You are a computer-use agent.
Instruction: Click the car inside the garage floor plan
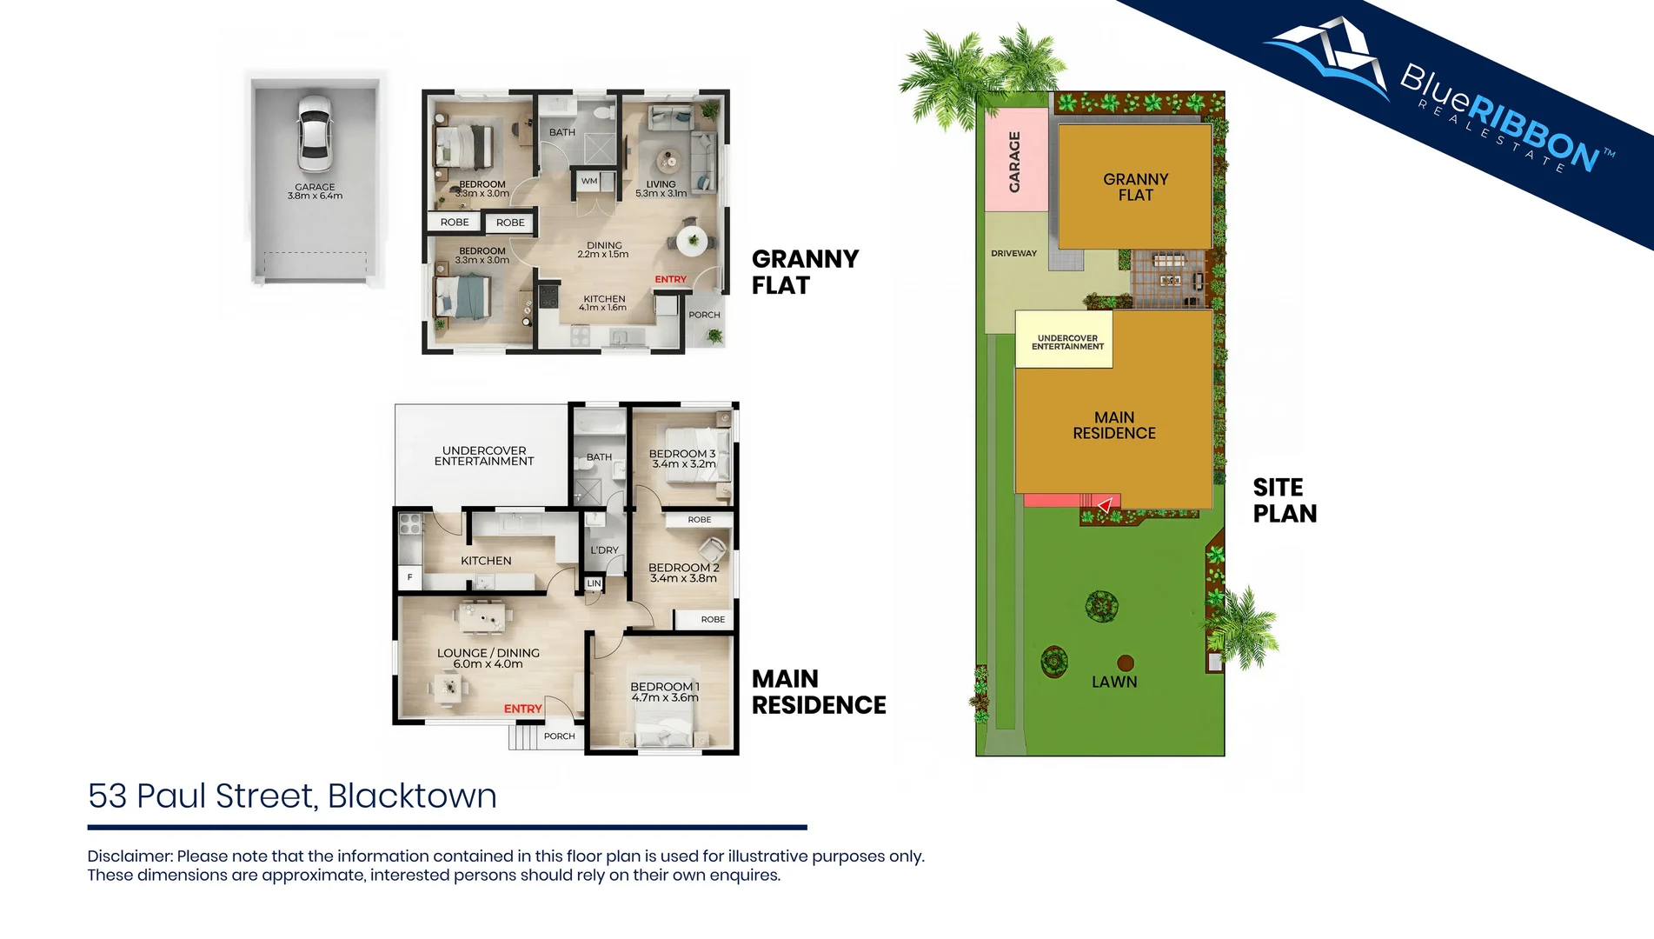pyautogui.click(x=314, y=133)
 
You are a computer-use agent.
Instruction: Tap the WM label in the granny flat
pyautogui.click(x=589, y=181)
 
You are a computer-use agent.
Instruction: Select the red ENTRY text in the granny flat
pyautogui.click(x=670, y=279)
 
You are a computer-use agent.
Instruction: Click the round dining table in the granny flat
pyautogui.click(x=692, y=241)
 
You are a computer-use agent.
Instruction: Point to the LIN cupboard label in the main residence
pyautogui.click(x=594, y=583)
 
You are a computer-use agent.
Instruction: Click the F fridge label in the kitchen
pyautogui.click(x=409, y=576)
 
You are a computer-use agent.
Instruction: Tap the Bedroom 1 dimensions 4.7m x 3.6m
pyautogui.click(x=665, y=697)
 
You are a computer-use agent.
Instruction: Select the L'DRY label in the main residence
pyautogui.click(x=604, y=549)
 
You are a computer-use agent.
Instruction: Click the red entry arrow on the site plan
pyautogui.click(x=1105, y=504)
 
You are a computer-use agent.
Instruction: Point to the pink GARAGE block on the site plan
pyautogui.click(x=1014, y=161)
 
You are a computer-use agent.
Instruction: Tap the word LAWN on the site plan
pyautogui.click(x=1114, y=682)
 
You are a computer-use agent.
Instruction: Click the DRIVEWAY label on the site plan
pyautogui.click(x=1013, y=253)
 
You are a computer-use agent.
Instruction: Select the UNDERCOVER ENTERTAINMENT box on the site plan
pyautogui.click(x=1066, y=342)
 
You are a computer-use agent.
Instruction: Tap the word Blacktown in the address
pyautogui.click(x=412, y=796)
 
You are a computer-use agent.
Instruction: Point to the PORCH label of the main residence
pyautogui.click(x=559, y=736)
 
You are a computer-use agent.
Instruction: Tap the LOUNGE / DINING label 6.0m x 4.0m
pyautogui.click(x=488, y=658)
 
